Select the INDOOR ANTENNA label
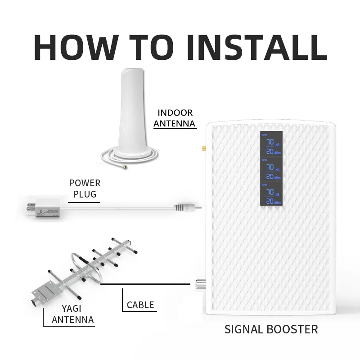click(x=175, y=118)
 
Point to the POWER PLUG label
click(x=85, y=189)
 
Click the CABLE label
click(x=140, y=305)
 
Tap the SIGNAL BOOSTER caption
click(x=271, y=329)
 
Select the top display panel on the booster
click(x=271, y=144)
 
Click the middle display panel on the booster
click(x=271, y=170)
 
